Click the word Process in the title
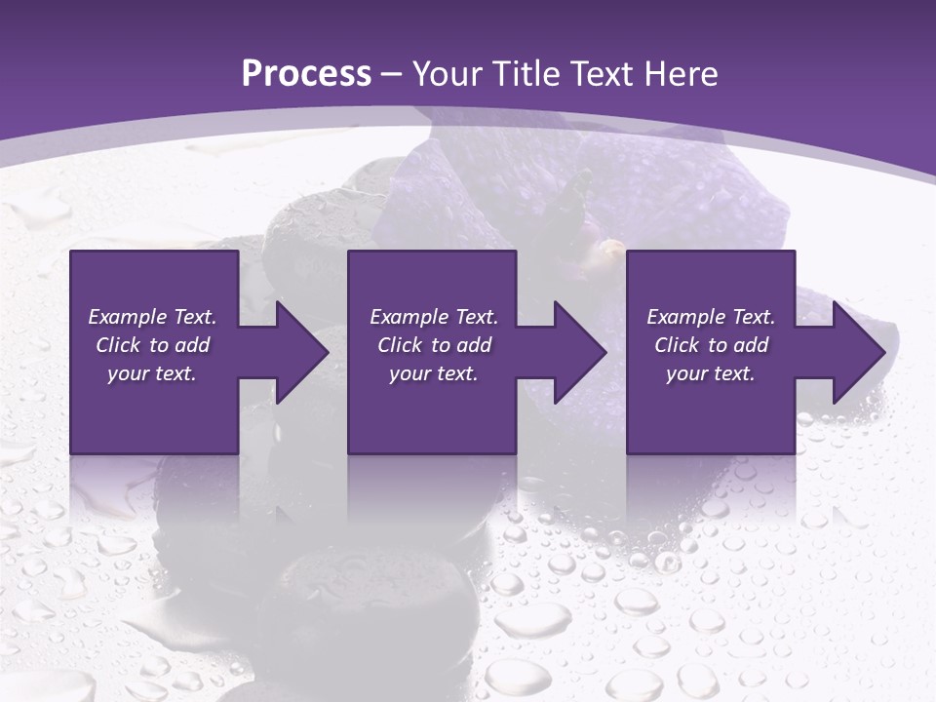(306, 74)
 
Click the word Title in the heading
(521, 74)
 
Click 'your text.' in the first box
(152, 373)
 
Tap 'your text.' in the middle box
(434, 373)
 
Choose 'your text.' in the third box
(711, 373)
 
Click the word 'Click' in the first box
(118, 345)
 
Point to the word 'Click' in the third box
(677, 345)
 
